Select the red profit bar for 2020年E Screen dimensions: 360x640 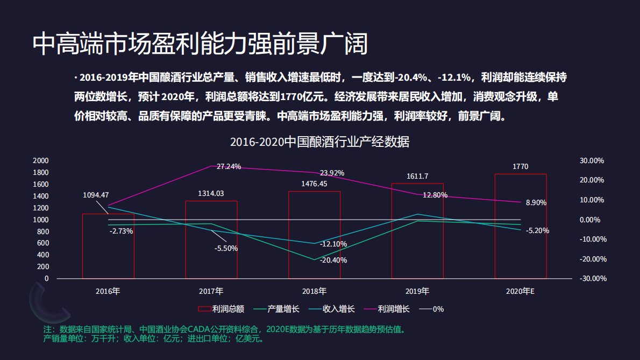pyautogui.click(x=520, y=226)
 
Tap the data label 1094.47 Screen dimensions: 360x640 pyautogui.click(x=96, y=195)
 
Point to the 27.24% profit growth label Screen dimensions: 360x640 pyautogui.click(x=229, y=166)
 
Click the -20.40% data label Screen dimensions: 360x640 pyautogui.click(x=333, y=260)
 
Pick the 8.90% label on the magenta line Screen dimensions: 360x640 pyautogui.click(x=536, y=203)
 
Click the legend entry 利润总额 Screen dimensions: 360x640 pyautogui.click(x=222, y=309)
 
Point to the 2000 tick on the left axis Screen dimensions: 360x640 pyautogui.click(x=41, y=160)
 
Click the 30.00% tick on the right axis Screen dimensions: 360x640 pyautogui.click(x=592, y=160)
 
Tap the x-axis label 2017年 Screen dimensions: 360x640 pyautogui.click(x=211, y=291)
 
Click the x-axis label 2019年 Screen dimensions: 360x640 pyautogui.click(x=417, y=291)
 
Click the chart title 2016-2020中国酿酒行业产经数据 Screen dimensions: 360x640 pyautogui.click(x=319, y=142)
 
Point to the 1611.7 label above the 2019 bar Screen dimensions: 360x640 pyautogui.click(x=417, y=176)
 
